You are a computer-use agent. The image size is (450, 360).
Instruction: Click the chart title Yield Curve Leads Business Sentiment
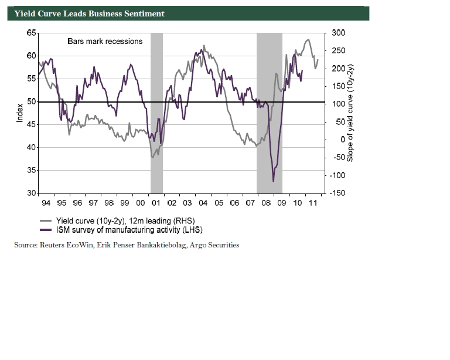click(89, 13)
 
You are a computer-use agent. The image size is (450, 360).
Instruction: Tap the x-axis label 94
click(46, 202)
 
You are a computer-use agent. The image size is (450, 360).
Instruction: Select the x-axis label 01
click(156, 202)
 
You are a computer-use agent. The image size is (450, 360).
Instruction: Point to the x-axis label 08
click(265, 202)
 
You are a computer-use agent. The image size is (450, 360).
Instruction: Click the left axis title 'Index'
click(20, 113)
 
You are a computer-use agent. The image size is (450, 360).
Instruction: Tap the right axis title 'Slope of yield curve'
click(350, 113)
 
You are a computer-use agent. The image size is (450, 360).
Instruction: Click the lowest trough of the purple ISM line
click(274, 182)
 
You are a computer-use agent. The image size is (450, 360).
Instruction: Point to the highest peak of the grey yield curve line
click(308, 40)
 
